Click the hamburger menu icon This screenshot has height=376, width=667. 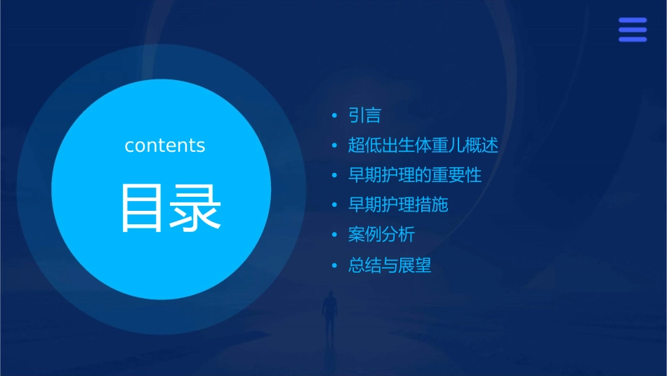coord(632,30)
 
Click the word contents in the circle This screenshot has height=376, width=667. coord(165,145)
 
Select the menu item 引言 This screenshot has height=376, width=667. coord(364,115)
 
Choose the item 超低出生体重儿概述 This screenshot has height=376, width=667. coord(423,145)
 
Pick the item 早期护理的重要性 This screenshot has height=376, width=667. coord(414,175)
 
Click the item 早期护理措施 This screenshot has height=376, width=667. coord(397,205)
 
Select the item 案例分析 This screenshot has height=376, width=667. coord(381,235)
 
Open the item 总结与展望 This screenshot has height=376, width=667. coord(389,265)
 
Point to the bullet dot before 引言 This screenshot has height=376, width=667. coord(335,115)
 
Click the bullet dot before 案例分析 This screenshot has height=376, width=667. coord(335,235)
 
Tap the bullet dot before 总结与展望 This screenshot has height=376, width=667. coord(335,266)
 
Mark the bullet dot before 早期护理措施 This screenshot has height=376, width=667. coord(335,205)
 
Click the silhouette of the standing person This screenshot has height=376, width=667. coord(329,313)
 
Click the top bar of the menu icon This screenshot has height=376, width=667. coord(632,20)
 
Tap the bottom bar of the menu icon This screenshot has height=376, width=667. coord(632,39)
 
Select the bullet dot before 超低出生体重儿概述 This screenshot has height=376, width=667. coord(335,145)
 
